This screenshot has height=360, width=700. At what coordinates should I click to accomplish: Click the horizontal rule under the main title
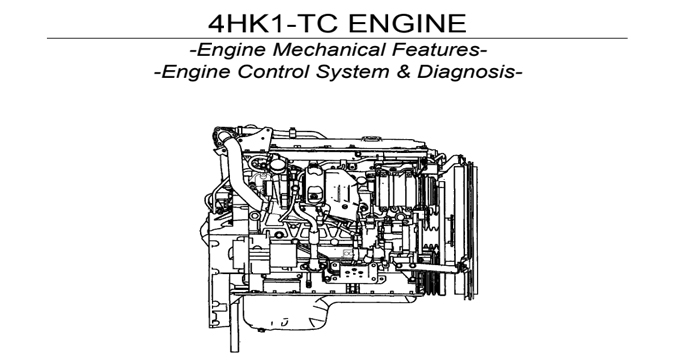(350, 38)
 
